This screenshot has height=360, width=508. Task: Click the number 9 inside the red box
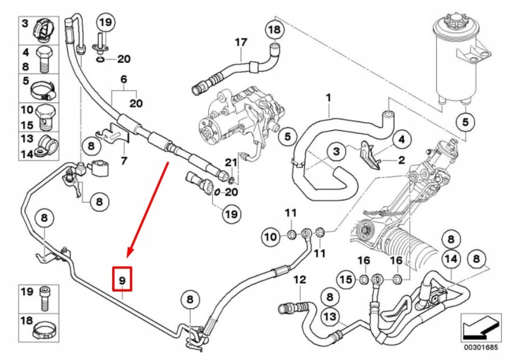tap(122, 280)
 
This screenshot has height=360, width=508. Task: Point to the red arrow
tap(148, 210)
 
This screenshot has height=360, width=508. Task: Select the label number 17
tap(241, 42)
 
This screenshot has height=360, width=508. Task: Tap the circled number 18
tap(274, 30)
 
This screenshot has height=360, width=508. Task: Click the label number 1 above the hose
tap(329, 97)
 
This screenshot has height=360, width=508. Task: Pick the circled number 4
tap(401, 140)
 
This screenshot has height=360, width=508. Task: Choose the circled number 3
tap(337, 151)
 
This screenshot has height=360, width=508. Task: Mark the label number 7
tap(123, 160)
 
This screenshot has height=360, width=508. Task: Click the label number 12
tap(300, 280)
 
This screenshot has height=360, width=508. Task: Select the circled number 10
tap(271, 237)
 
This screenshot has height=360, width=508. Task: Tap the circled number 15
tap(346, 279)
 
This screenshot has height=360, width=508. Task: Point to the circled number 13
tap(329, 316)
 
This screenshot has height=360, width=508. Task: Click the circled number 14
tap(452, 259)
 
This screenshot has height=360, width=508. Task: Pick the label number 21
tap(231, 162)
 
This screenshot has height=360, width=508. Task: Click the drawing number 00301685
tap(480, 348)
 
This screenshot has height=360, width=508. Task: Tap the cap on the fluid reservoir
tap(452, 21)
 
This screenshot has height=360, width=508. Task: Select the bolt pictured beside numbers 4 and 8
tap(44, 59)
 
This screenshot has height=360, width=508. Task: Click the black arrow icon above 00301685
tap(480, 328)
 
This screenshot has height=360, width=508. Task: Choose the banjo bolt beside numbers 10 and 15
tap(44, 117)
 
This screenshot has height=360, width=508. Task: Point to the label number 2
tap(401, 160)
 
